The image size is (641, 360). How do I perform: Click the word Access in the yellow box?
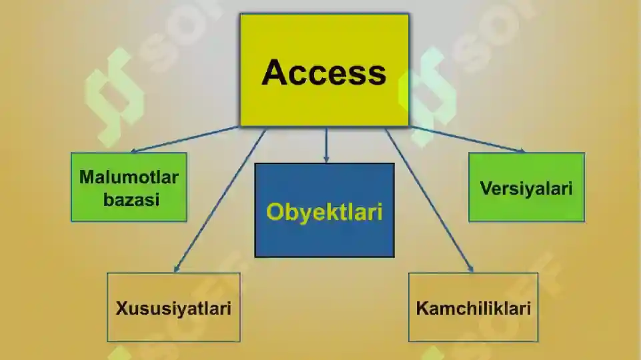pyautogui.click(x=324, y=72)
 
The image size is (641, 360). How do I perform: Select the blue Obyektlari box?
pyautogui.click(x=325, y=210)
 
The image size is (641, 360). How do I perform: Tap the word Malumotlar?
pyautogui.click(x=129, y=177)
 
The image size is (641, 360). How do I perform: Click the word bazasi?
pyautogui.click(x=131, y=200)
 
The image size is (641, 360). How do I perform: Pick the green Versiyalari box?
pyautogui.click(x=526, y=187)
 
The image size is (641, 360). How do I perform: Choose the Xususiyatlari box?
pyautogui.click(x=173, y=307)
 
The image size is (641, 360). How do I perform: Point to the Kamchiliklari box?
pyautogui.click(x=474, y=307)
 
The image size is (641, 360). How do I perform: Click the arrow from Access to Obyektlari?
pyautogui.click(x=326, y=145)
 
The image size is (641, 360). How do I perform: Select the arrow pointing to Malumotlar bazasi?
pyautogui.click(x=184, y=139)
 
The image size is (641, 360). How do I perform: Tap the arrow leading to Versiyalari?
pyautogui.click(x=468, y=139)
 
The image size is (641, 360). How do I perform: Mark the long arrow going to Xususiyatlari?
pyautogui.click(x=220, y=201)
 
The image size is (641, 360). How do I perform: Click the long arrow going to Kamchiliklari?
pyautogui.click(x=430, y=201)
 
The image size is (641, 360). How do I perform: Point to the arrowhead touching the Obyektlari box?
pyautogui.click(x=326, y=160)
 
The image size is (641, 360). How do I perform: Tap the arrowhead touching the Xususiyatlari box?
pyautogui.click(x=177, y=269)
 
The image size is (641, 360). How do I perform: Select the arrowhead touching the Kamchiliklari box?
pyautogui.click(x=471, y=269)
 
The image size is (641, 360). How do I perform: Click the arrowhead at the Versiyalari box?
pyautogui.click(x=521, y=151)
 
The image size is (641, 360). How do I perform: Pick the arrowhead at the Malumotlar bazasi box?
pyautogui.click(x=134, y=151)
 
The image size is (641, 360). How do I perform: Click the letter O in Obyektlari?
pyautogui.click(x=274, y=212)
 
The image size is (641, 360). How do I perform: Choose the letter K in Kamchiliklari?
pyautogui.click(x=422, y=308)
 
